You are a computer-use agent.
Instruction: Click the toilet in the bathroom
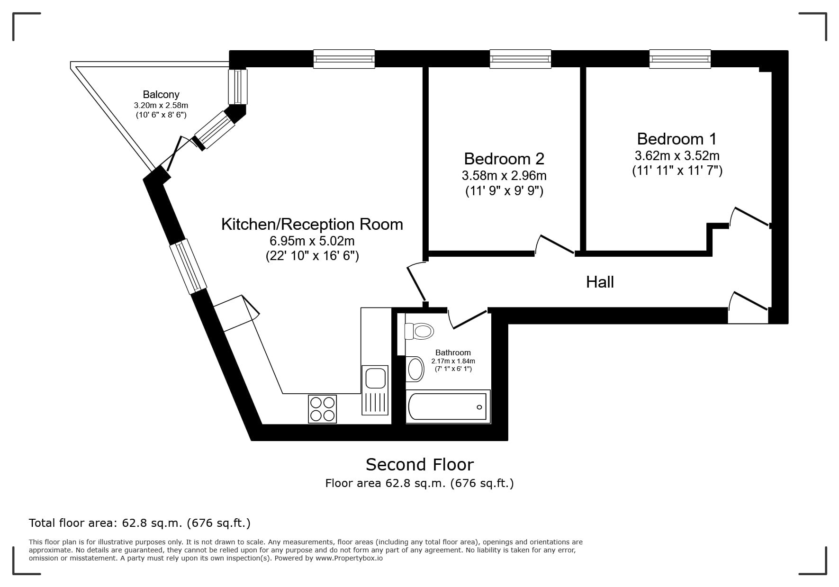pyautogui.click(x=419, y=331)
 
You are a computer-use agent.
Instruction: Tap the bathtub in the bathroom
pyautogui.click(x=448, y=406)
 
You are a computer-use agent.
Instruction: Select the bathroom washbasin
pyautogui.click(x=415, y=369)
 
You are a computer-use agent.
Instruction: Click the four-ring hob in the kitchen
pyautogui.click(x=322, y=408)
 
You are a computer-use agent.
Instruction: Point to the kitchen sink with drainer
pyautogui.click(x=375, y=390)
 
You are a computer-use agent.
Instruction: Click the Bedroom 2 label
pyautogui.click(x=504, y=158)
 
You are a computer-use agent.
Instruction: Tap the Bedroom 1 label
pyautogui.click(x=677, y=139)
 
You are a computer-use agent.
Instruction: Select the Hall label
pyautogui.click(x=600, y=282)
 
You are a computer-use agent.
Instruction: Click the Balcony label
pyautogui.click(x=161, y=94)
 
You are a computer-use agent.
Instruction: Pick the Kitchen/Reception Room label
pyautogui.click(x=312, y=224)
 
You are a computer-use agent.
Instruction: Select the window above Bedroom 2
pyautogui.click(x=520, y=59)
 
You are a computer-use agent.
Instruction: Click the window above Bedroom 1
pyautogui.click(x=680, y=59)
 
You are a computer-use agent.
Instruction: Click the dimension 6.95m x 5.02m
pyautogui.click(x=312, y=241)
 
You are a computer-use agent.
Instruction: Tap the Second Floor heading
pyautogui.click(x=420, y=465)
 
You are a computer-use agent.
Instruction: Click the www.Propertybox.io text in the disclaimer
pyautogui.click(x=349, y=558)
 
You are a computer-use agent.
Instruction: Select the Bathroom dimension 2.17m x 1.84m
pyautogui.click(x=453, y=361)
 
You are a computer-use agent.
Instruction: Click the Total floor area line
pyautogui.click(x=140, y=523)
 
